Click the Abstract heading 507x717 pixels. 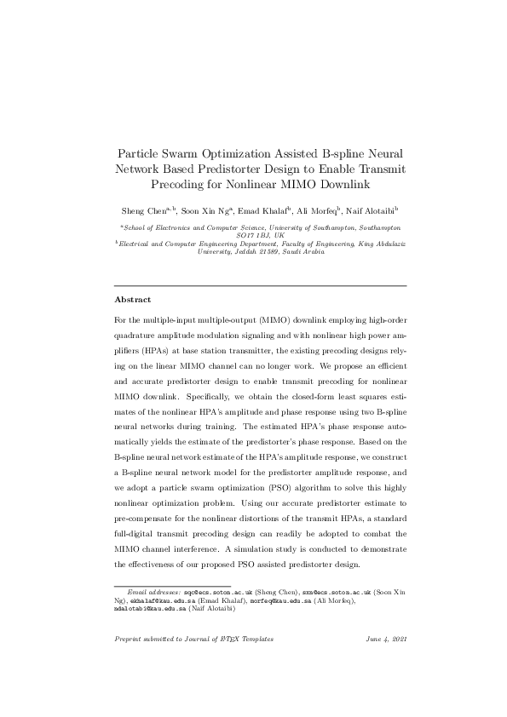pos(132,300)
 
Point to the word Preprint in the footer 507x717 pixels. pos(130,663)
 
